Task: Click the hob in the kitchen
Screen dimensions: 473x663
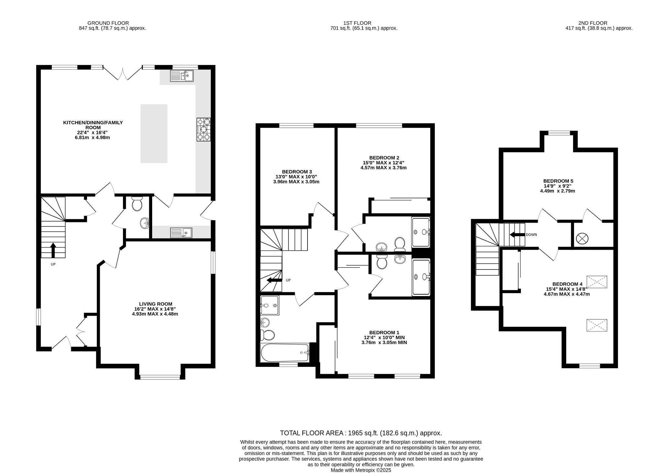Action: point(203,129)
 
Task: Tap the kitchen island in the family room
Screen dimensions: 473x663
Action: point(154,133)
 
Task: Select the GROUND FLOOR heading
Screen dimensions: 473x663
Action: point(108,23)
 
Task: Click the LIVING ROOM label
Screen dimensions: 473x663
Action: point(155,304)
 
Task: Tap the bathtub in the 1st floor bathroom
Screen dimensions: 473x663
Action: point(285,353)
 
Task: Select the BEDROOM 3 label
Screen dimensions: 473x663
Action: point(297,172)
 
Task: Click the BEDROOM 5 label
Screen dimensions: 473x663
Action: point(558,181)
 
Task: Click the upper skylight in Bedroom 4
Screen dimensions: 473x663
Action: point(597,282)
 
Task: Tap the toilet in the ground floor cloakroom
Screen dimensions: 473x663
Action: point(137,204)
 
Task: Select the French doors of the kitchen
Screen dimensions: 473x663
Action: point(122,74)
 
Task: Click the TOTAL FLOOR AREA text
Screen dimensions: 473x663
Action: point(361,433)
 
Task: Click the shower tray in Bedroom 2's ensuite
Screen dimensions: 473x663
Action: point(421,232)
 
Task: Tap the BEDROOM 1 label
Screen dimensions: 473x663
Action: point(384,333)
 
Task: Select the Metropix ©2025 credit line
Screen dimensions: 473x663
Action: point(361,470)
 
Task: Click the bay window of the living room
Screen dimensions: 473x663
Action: point(160,377)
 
